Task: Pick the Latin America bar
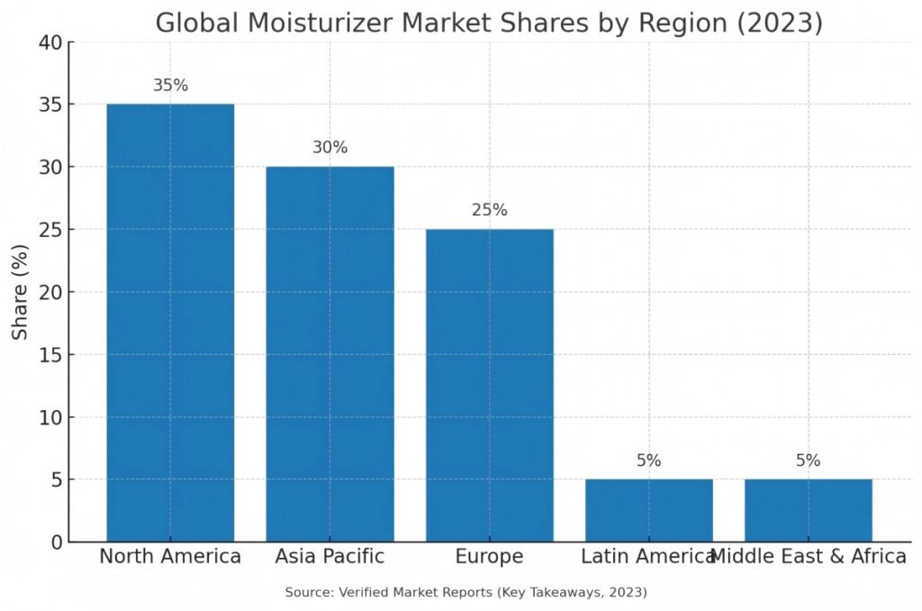tap(648, 510)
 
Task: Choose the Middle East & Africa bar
tap(808, 510)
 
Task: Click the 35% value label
tap(170, 86)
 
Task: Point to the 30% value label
tap(330, 148)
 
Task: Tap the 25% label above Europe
tap(489, 210)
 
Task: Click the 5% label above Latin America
tap(648, 461)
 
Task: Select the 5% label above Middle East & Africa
tap(808, 461)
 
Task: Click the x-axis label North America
tap(170, 556)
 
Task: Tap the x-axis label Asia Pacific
tap(330, 556)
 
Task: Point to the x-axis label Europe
tap(489, 556)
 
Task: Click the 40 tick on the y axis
tap(50, 42)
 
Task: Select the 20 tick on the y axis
tap(50, 292)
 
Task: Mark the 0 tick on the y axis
tap(57, 542)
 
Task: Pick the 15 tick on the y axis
tap(50, 354)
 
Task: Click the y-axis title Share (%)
tap(21, 292)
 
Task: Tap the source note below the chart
tap(466, 592)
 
